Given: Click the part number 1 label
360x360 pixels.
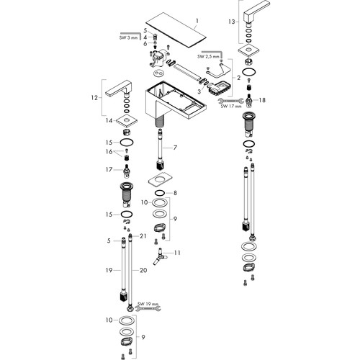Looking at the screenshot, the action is (x=197, y=21).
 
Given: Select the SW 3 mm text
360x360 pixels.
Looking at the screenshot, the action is (x=128, y=37).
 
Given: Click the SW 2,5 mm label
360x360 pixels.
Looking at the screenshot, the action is (x=208, y=56).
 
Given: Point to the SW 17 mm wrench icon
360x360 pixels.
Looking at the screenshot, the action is (x=231, y=101).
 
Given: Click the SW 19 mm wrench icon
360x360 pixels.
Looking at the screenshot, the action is (x=148, y=308).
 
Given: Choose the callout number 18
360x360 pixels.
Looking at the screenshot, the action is (x=262, y=100).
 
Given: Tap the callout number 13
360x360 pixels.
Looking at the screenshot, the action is (x=231, y=22).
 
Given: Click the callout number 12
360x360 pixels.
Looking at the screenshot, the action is (x=94, y=98).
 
